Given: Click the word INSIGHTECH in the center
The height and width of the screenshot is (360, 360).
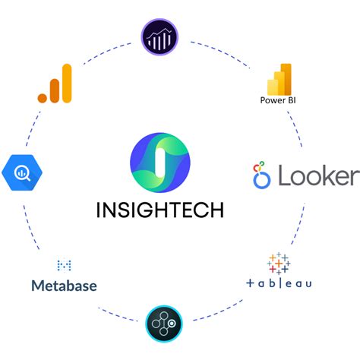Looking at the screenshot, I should (x=159, y=209).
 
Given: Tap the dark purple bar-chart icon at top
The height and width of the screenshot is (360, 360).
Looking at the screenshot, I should (x=159, y=36).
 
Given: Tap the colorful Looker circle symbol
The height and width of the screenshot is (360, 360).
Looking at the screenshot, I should (x=262, y=175).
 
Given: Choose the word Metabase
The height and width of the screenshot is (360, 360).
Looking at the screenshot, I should (x=65, y=286).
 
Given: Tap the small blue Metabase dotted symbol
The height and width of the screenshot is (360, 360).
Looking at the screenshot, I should (x=65, y=265).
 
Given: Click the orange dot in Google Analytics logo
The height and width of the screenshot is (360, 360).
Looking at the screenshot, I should (x=44, y=97).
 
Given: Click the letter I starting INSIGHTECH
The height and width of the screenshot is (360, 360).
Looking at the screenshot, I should (x=99, y=209).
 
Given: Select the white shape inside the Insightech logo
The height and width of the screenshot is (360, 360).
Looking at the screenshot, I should (x=159, y=161).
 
